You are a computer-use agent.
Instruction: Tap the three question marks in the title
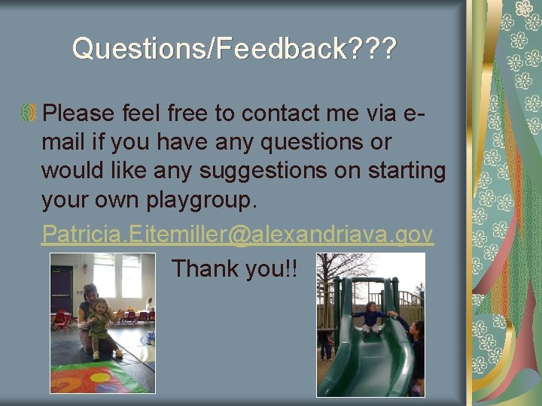point(370,50)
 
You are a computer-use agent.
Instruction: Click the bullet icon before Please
point(29,114)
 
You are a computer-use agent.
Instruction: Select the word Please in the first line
point(78,114)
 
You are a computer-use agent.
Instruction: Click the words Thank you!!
point(234,268)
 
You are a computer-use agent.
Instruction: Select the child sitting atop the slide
point(370,316)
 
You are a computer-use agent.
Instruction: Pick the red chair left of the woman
point(60,320)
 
